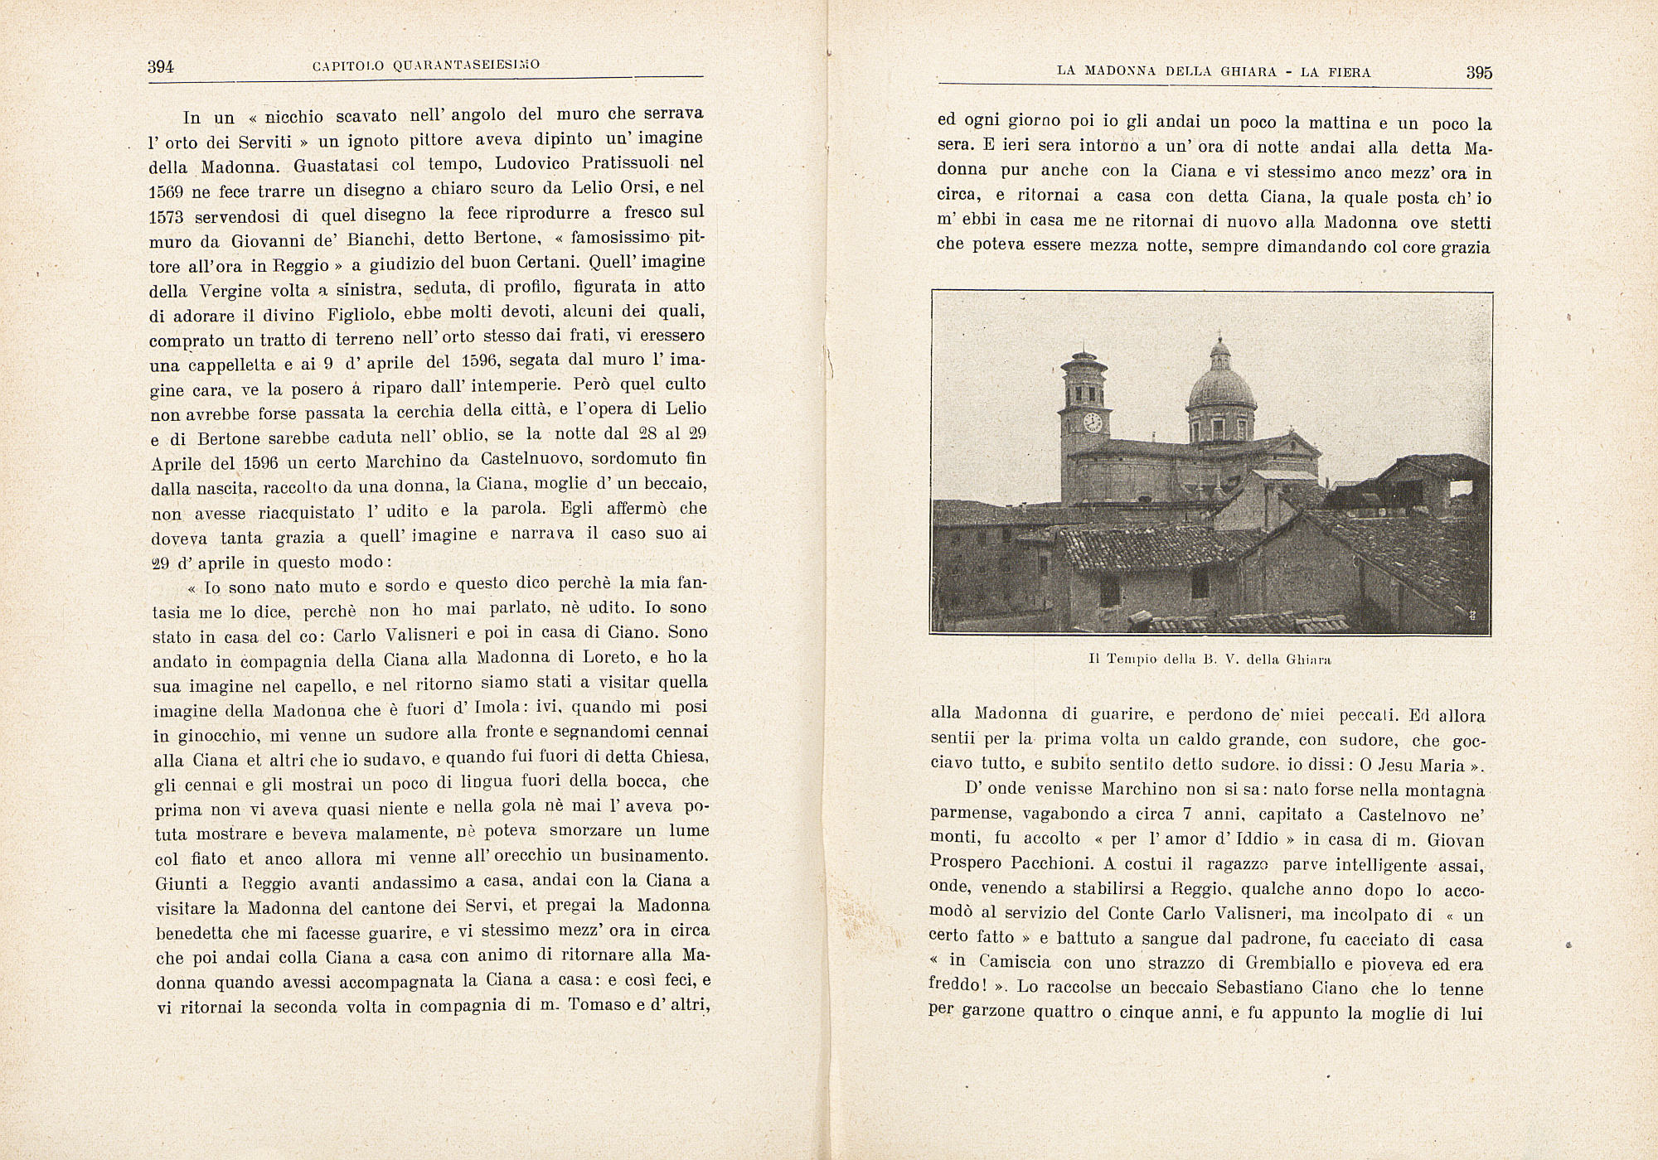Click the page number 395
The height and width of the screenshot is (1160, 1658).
pos(1479,72)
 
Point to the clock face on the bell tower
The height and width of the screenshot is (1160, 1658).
pos(1092,422)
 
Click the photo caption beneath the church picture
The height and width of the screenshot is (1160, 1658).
pos(1210,660)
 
